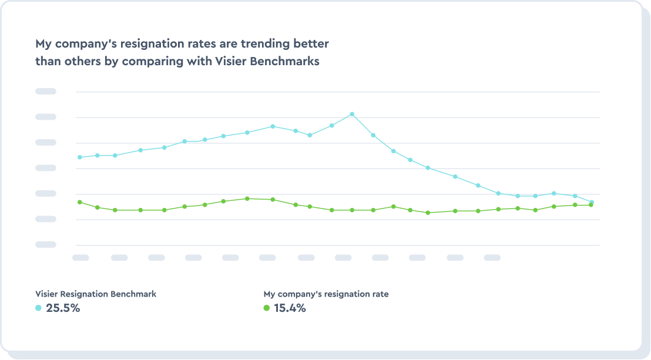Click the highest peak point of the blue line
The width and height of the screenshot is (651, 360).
(352, 114)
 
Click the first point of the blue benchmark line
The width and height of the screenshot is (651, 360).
(79, 157)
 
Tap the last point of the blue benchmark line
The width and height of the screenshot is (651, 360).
(591, 203)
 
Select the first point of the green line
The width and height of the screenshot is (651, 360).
(79, 202)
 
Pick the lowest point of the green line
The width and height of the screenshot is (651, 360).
(428, 213)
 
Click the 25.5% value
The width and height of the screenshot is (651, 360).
(63, 308)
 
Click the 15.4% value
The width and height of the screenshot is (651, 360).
(290, 308)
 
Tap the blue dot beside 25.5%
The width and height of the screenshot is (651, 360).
(39, 308)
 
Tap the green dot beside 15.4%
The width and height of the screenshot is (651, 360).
(267, 308)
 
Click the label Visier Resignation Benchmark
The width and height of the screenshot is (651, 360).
(96, 294)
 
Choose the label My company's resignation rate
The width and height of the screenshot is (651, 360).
(326, 294)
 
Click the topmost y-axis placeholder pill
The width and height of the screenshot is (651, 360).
(46, 91)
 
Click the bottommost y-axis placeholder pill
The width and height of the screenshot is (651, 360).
(46, 244)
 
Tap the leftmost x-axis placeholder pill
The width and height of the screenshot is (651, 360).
(80, 257)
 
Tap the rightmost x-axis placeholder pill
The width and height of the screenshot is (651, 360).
(492, 257)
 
